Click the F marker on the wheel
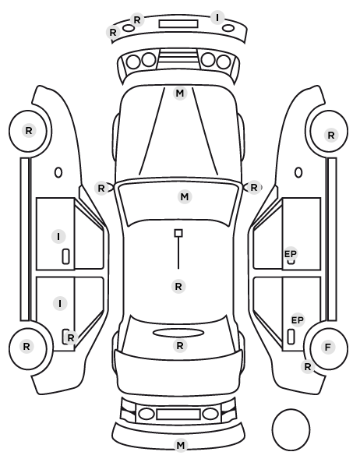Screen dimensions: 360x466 (328, 347)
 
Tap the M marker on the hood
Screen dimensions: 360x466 (180, 94)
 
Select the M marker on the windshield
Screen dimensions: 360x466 (185, 196)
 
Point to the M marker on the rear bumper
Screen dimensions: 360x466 (181, 445)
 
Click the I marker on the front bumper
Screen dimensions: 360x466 (217, 18)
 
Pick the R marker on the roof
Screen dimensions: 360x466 (178, 287)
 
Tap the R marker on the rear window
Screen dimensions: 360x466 (180, 346)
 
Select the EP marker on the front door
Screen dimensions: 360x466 (291, 254)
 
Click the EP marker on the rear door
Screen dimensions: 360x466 (298, 320)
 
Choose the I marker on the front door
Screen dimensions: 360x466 (58, 237)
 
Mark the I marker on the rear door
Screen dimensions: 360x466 (60, 303)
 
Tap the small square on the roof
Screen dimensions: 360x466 (178, 233)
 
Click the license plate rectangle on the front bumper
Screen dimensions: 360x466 (178, 24)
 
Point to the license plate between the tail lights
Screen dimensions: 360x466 (178, 414)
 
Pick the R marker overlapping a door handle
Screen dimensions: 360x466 (70, 338)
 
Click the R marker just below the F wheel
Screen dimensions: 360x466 (308, 367)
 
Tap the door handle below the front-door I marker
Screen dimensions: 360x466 (66, 256)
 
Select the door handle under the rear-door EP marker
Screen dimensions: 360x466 (291, 337)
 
